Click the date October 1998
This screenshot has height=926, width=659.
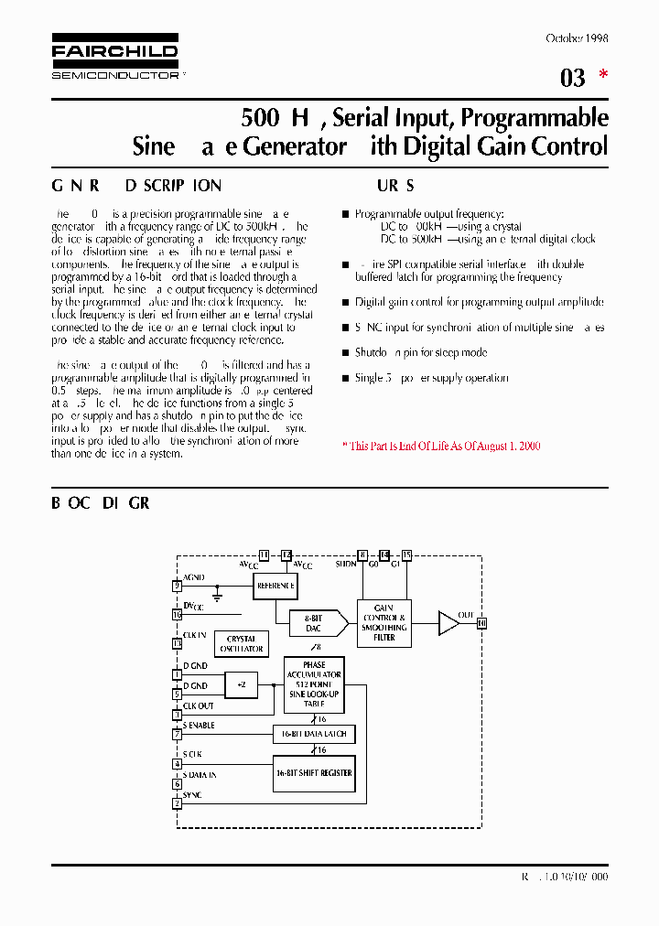(577, 38)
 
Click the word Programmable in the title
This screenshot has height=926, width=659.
(535, 118)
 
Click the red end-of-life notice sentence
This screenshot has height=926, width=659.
(441, 446)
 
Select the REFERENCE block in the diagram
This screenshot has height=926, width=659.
(275, 586)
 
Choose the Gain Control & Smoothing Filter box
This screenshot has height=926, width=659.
(384, 622)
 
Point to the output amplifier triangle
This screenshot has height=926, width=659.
(448, 623)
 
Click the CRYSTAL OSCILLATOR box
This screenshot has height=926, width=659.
(242, 643)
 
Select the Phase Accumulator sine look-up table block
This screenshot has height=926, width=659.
(314, 684)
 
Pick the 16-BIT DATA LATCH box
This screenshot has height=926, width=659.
(313, 734)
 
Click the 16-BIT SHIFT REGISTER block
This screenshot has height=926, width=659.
(313, 773)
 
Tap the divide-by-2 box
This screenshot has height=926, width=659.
(242, 684)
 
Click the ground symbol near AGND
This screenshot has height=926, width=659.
(218, 596)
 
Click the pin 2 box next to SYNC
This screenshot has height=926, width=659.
(177, 803)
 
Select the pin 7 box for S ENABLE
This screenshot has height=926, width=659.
(177, 734)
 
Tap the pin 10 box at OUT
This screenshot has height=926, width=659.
(482, 623)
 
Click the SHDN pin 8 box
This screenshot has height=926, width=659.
(362, 555)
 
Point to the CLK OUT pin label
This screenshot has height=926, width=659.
(199, 705)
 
